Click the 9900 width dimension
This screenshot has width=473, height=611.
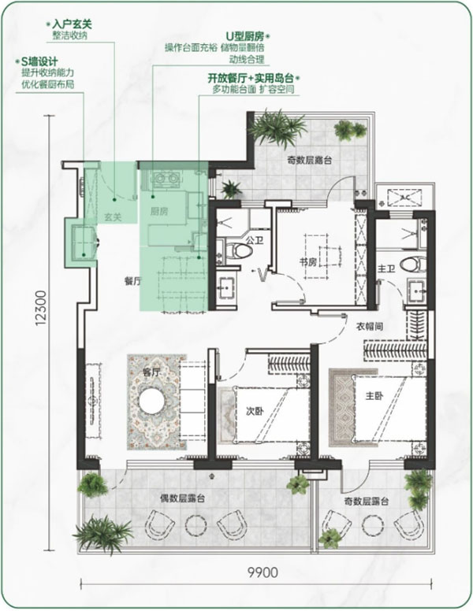click(x=263, y=572)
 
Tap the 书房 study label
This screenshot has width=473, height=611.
click(x=308, y=262)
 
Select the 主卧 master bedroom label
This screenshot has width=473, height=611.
click(x=374, y=396)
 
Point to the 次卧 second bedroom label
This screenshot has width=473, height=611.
click(x=254, y=411)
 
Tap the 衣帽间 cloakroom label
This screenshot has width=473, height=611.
click(x=369, y=327)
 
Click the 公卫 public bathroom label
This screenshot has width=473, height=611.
click(x=255, y=240)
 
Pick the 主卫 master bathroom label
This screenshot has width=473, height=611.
click(x=387, y=268)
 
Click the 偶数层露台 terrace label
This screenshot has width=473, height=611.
click(x=183, y=498)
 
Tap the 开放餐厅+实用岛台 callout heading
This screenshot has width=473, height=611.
click(x=251, y=78)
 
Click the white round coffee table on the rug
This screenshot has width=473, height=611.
click(x=154, y=402)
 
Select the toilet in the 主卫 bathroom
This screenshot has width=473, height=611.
click(x=414, y=265)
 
